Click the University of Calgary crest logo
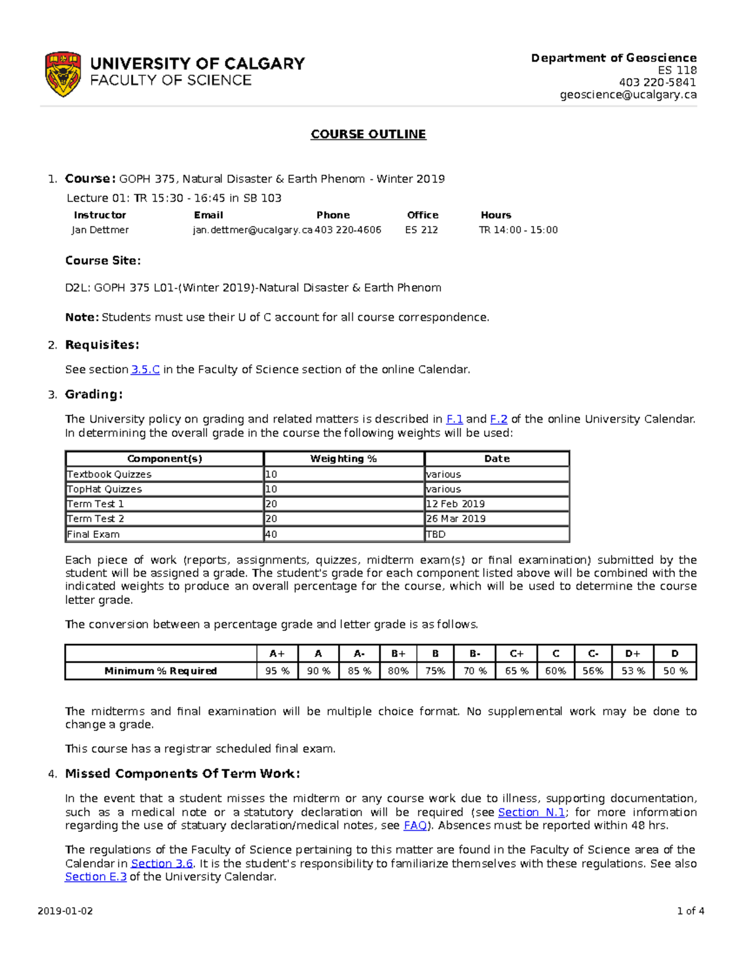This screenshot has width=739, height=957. pyautogui.click(x=63, y=74)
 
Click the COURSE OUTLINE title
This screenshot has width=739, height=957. pyautogui.click(x=368, y=134)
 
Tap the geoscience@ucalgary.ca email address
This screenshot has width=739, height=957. pyautogui.click(x=628, y=94)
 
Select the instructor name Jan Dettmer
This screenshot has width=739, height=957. pyautogui.click(x=100, y=230)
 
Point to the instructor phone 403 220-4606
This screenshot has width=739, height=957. pyautogui.click(x=348, y=230)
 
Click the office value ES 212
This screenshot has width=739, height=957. pyautogui.click(x=421, y=230)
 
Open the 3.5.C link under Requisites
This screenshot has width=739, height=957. pyautogui.click(x=145, y=370)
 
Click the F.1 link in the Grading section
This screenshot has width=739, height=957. pyautogui.click(x=454, y=419)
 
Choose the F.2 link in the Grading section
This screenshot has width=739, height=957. pyautogui.click(x=498, y=419)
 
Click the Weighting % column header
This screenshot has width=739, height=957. pyautogui.click(x=343, y=458)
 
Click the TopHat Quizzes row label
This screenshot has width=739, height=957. pyautogui.click(x=105, y=489)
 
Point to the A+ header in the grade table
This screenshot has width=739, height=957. pyautogui.click(x=277, y=653)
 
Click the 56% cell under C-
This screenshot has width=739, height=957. pyautogui.click(x=592, y=670)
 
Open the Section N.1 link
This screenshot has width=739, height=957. pyautogui.click(x=531, y=812)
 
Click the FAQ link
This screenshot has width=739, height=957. pyautogui.click(x=414, y=826)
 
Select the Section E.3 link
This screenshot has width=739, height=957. pyautogui.click(x=95, y=877)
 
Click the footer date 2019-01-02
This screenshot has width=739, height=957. pyautogui.click(x=65, y=911)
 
